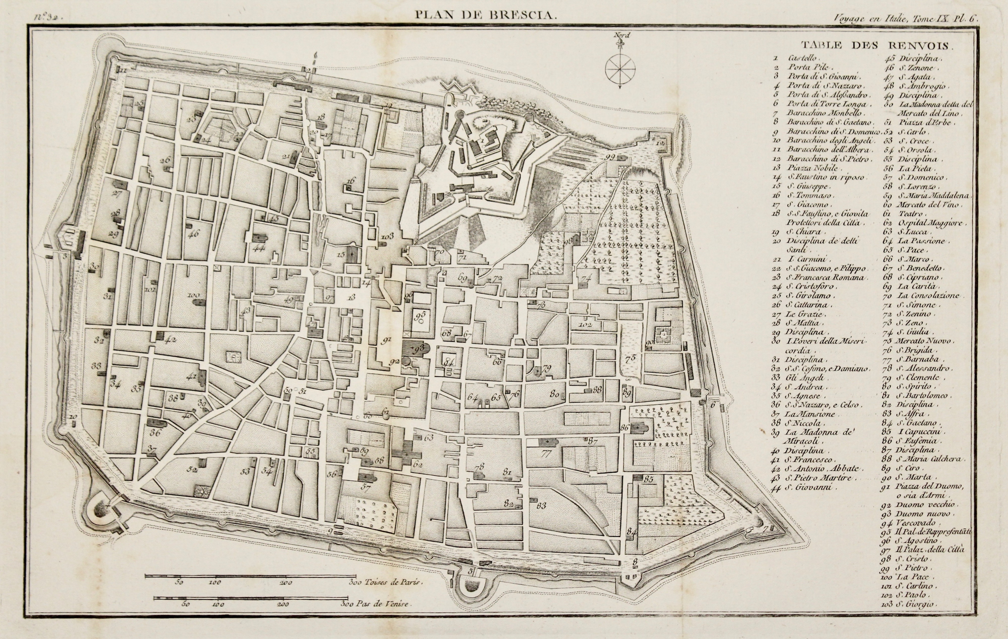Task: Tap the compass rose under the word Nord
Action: [620, 69]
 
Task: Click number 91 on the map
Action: [386, 341]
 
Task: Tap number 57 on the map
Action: [365, 487]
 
